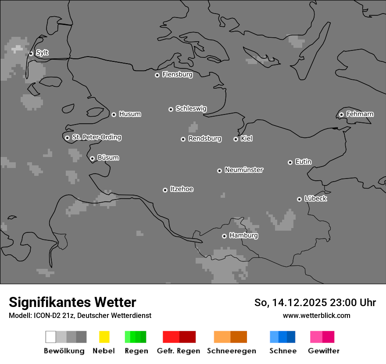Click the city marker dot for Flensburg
pos(157,75)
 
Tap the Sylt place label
pos(42,53)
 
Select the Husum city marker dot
pos(114,114)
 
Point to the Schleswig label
pos(191,108)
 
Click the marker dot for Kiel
pos(236,139)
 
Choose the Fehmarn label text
pos(360,114)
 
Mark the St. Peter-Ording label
pos(96,137)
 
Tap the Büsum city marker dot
pos(92,158)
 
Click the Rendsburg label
pos(204,139)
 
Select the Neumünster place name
pos(243,170)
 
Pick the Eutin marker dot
pos(290,162)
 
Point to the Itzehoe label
pos(182,189)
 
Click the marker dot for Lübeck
pos(299,199)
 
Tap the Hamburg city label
pos(243,236)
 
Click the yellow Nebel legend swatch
pos(104,337)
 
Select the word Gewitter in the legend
pos(323,351)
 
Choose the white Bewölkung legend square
pos(50,337)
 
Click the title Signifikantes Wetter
pos(72,303)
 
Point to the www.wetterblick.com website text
pos(316,315)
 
